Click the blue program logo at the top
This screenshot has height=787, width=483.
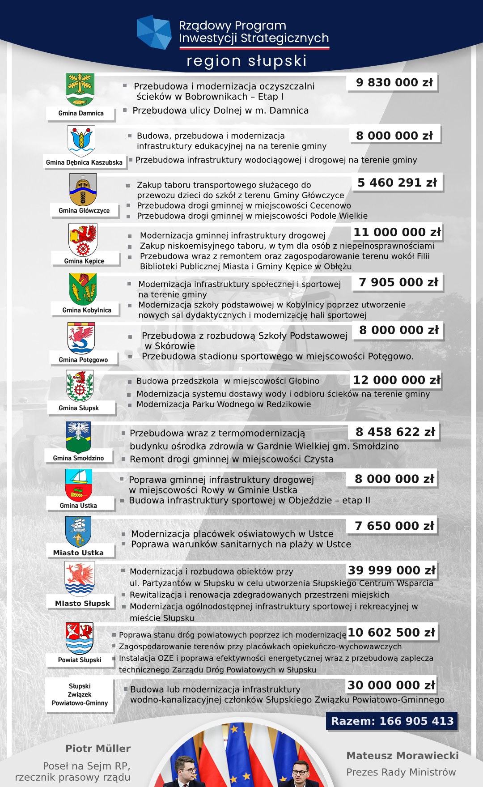pos(154,32)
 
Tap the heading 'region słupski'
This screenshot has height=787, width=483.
pos(246,61)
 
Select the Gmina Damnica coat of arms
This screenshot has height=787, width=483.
pos(80,89)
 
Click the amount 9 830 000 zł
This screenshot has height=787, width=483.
pos(394,83)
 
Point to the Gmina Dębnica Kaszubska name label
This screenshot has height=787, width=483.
pos(84,162)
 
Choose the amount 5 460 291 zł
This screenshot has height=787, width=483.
pos(397,183)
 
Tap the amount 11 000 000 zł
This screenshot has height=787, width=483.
pos(397,232)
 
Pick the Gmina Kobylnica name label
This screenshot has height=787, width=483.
pos(87,310)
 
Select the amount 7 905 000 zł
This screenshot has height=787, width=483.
pos(398,282)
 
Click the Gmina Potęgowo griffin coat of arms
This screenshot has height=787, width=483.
pos(81,338)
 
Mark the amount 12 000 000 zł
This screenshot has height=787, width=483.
pos(396,380)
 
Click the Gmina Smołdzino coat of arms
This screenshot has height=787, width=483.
pos(78,438)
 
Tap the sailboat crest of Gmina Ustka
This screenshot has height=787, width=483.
pos(79,485)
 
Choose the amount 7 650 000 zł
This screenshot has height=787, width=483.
pos(394,526)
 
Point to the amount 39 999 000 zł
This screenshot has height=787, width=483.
pos(391,570)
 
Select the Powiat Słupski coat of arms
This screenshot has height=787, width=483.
pos(80,638)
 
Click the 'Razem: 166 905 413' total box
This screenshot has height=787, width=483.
pos(392,721)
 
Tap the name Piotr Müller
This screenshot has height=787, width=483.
pos(98,749)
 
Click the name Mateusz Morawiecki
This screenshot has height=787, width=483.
pos(402,756)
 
